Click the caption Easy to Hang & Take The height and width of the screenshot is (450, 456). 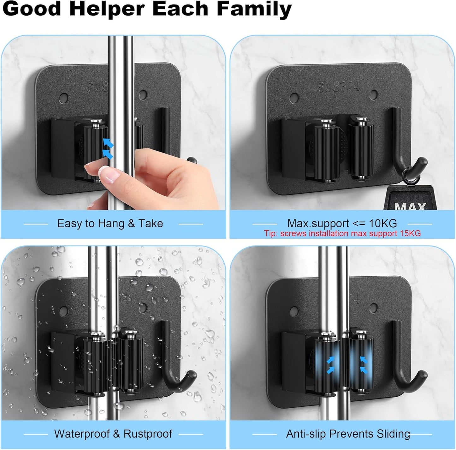pyautogui.click(x=110, y=224)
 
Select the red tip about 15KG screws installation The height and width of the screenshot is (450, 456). pyautogui.click(x=342, y=233)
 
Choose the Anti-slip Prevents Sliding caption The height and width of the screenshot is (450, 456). pyautogui.click(x=348, y=434)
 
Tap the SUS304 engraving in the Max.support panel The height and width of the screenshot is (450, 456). pyautogui.click(x=338, y=86)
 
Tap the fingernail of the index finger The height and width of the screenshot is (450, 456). pyautogui.click(x=104, y=173)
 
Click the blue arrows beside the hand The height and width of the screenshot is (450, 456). pyautogui.click(x=108, y=148)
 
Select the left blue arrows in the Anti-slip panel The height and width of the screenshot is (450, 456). pyautogui.click(x=331, y=364)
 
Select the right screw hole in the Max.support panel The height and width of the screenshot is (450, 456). pyautogui.click(x=374, y=94)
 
